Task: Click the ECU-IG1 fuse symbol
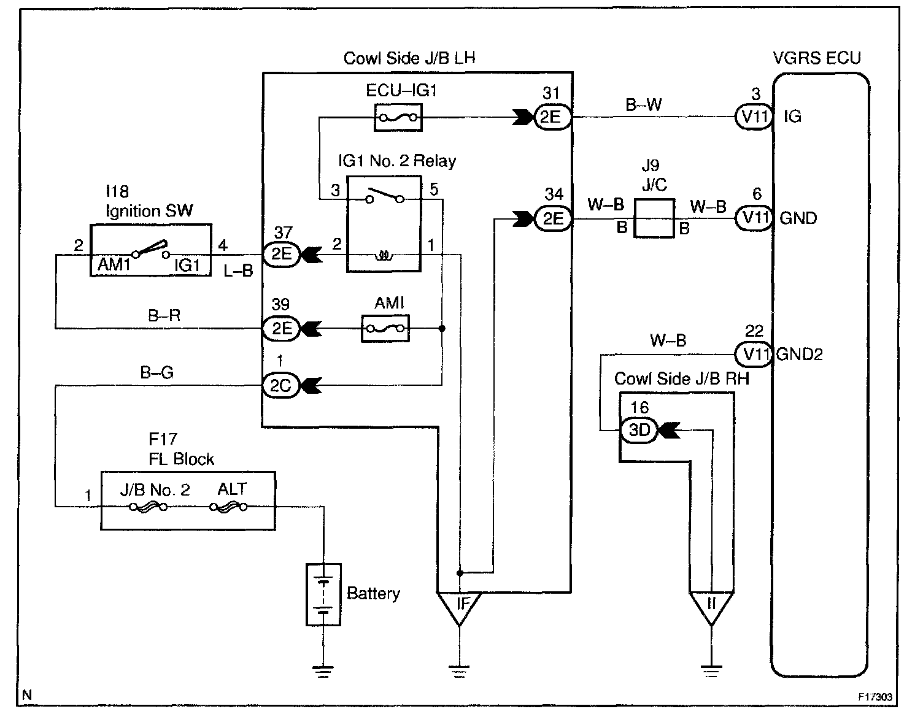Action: coord(398,117)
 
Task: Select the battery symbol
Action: coord(323,594)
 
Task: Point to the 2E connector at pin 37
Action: coord(281,253)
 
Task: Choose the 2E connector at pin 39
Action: coord(281,329)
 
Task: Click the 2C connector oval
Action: coord(281,385)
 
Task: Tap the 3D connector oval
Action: coord(639,431)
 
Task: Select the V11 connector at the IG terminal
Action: coord(754,117)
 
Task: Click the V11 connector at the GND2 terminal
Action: coord(754,354)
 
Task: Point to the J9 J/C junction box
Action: coord(654,218)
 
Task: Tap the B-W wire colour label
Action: coord(644,104)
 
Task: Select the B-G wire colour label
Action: coord(157,372)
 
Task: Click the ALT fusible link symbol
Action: coord(228,507)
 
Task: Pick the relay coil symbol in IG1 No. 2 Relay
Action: coord(384,253)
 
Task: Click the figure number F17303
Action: coord(875,697)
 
